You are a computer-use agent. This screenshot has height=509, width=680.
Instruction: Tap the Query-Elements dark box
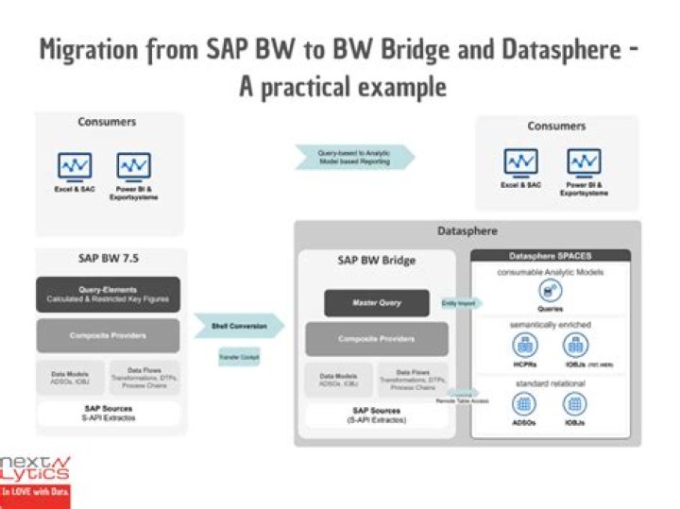click(108, 294)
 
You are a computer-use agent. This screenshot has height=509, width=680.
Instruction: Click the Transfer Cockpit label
click(238, 357)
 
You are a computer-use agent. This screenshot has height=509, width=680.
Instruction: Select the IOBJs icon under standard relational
click(578, 404)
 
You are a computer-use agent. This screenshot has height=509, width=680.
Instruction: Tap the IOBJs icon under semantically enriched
click(578, 347)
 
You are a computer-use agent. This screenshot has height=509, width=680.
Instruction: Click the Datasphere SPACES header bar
click(551, 256)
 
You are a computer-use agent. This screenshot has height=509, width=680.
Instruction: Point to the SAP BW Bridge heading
click(375, 260)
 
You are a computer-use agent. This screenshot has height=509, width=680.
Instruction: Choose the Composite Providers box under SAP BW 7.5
click(108, 335)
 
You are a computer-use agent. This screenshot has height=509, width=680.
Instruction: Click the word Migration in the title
click(94, 51)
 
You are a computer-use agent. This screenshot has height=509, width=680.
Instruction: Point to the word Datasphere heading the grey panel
click(467, 230)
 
